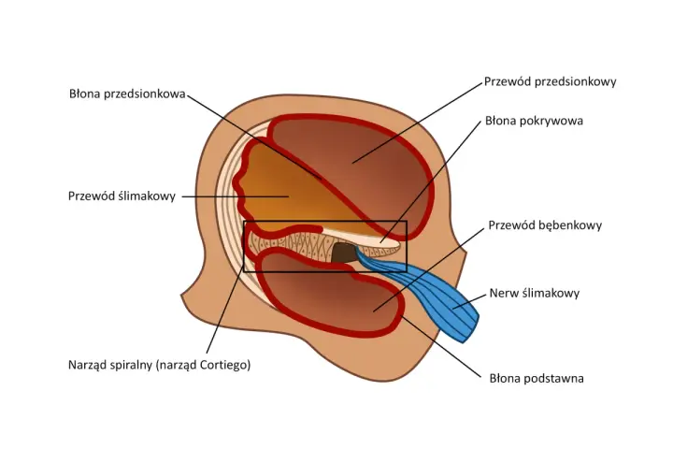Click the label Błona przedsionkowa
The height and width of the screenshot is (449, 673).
coord(127,94)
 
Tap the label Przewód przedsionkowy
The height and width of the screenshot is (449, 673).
coord(551,81)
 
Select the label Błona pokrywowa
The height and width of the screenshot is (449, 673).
coord(534,121)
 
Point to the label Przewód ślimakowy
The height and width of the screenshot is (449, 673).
coord(122,196)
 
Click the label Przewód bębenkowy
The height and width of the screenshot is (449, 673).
coord(545,225)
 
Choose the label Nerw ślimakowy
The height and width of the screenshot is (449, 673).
coord(535,293)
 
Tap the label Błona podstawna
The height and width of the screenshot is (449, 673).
coord(537,379)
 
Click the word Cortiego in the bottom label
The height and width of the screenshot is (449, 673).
coord(224,365)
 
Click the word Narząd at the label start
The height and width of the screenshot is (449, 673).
coord(86,365)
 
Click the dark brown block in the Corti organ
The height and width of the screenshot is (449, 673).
coord(343,253)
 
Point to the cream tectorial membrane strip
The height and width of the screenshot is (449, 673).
coord(365,238)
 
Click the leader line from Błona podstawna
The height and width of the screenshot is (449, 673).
coord(441,346)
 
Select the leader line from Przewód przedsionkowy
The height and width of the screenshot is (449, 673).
coord(417,123)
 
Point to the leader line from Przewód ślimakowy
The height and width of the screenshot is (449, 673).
coord(236,196)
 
